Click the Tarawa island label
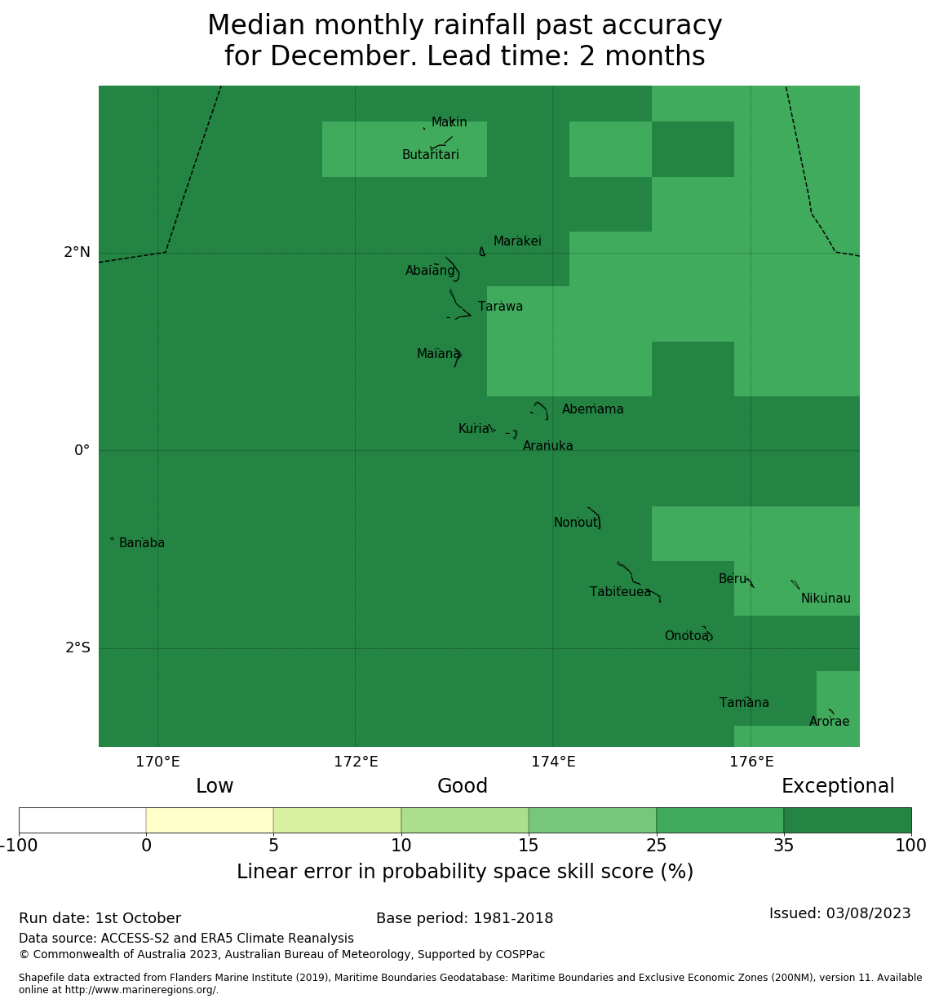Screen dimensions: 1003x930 point(500,307)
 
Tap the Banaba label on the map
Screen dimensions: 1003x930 point(142,543)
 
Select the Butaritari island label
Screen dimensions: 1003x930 point(430,155)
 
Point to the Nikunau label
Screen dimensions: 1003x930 point(826,599)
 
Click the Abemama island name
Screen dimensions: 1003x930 point(592,409)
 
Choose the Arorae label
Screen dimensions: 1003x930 point(829,722)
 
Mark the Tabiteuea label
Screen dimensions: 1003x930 point(620,592)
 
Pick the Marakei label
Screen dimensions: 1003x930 point(517,241)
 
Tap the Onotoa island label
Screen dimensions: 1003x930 point(686,636)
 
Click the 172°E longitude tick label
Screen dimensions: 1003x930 point(356,762)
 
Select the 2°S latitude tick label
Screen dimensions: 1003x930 point(77,648)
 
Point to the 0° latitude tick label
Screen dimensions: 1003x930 point(82,451)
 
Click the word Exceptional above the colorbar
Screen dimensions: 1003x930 point(838,786)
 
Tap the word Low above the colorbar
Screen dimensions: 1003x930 point(215,786)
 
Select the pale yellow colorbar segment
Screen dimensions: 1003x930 point(210,820)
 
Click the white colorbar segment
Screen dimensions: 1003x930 point(82,820)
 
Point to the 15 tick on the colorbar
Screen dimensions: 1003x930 point(529,846)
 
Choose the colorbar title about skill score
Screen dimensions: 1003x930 point(465,872)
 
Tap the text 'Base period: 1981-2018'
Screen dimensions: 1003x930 point(464,918)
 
